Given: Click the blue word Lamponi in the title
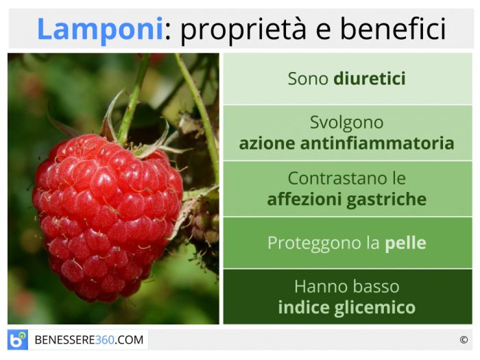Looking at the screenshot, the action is pyautogui.click(x=100, y=29).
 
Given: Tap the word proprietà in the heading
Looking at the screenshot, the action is pyautogui.click(x=243, y=30).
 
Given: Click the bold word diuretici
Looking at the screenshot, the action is pyautogui.click(x=370, y=78).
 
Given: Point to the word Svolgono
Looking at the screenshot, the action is pyautogui.click(x=346, y=123).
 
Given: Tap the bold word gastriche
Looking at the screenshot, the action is pyautogui.click(x=387, y=200).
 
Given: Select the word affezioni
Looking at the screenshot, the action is pyautogui.click(x=305, y=199).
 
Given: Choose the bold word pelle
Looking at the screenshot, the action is pyautogui.click(x=405, y=243).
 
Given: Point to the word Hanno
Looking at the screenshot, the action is pyautogui.click(x=318, y=287).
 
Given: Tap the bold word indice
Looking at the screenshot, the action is pyautogui.click(x=304, y=307).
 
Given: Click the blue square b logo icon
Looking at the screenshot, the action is pyautogui.click(x=18, y=339).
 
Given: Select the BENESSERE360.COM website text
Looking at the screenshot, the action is pyautogui.click(x=88, y=340).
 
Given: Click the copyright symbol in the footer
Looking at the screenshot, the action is pyautogui.click(x=464, y=340).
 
